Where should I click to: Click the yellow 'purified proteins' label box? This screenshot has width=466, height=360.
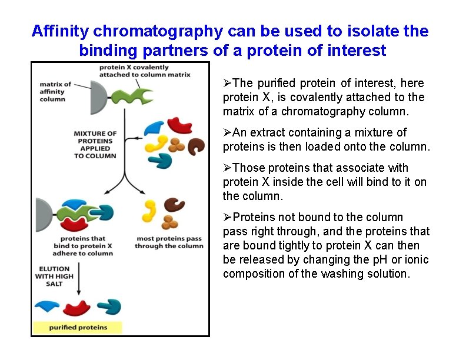click(78, 327)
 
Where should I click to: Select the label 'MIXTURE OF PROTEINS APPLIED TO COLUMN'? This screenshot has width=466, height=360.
click(95, 145)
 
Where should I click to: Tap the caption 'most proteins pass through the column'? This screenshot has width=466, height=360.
click(169, 242)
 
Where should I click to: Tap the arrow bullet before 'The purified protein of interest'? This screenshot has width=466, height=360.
click(228, 84)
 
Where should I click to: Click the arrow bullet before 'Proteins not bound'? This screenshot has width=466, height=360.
click(228, 218)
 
